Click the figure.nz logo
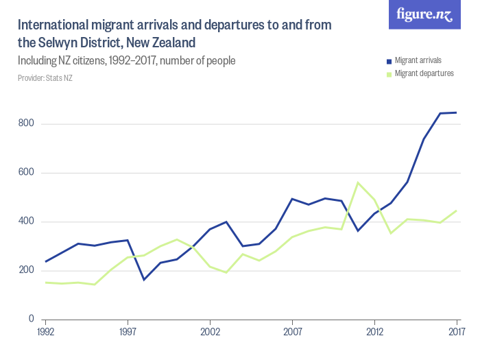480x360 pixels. click(x=424, y=15)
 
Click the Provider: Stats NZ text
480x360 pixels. click(x=45, y=78)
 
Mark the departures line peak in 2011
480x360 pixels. click(x=358, y=182)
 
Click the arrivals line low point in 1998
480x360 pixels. click(x=144, y=280)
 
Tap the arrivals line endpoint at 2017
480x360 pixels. click(x=457, y=112)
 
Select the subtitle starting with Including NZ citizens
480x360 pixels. click(x=127, y=61)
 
